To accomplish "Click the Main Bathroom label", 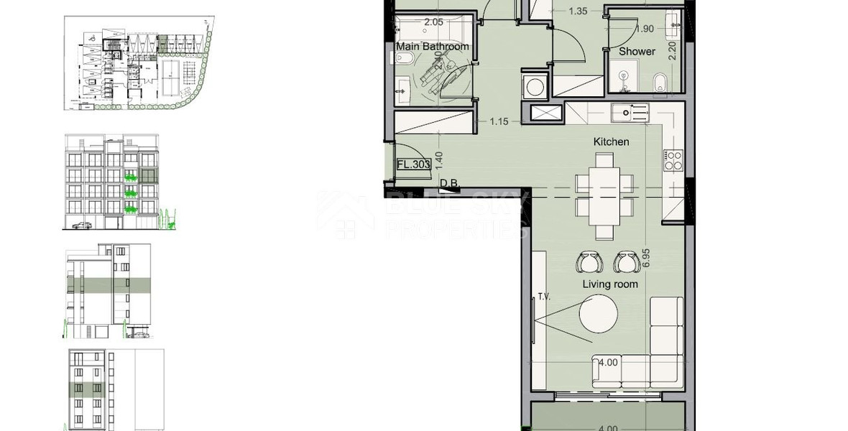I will point(433,47).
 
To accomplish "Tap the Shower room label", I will point(637,51).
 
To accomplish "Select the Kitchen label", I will point(611,142).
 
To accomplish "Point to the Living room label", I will point(609,284).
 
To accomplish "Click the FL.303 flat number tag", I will point(413,164).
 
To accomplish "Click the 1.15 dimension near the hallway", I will point(499,121).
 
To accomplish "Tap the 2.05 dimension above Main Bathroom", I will point(433,22).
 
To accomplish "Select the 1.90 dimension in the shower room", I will point(645,29).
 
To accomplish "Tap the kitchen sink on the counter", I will point(630,113).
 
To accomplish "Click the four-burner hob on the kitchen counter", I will point(673,160).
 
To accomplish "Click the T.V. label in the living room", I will point(543,296).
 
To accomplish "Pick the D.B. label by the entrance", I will point(450,184).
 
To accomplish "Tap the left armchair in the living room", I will point(589,262).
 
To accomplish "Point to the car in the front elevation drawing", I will point(82,226).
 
